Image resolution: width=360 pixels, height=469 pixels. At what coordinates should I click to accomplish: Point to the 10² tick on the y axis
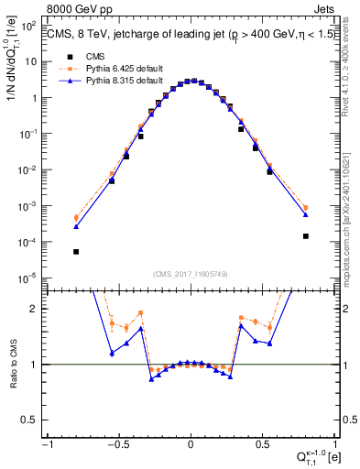tap(34, 26)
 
